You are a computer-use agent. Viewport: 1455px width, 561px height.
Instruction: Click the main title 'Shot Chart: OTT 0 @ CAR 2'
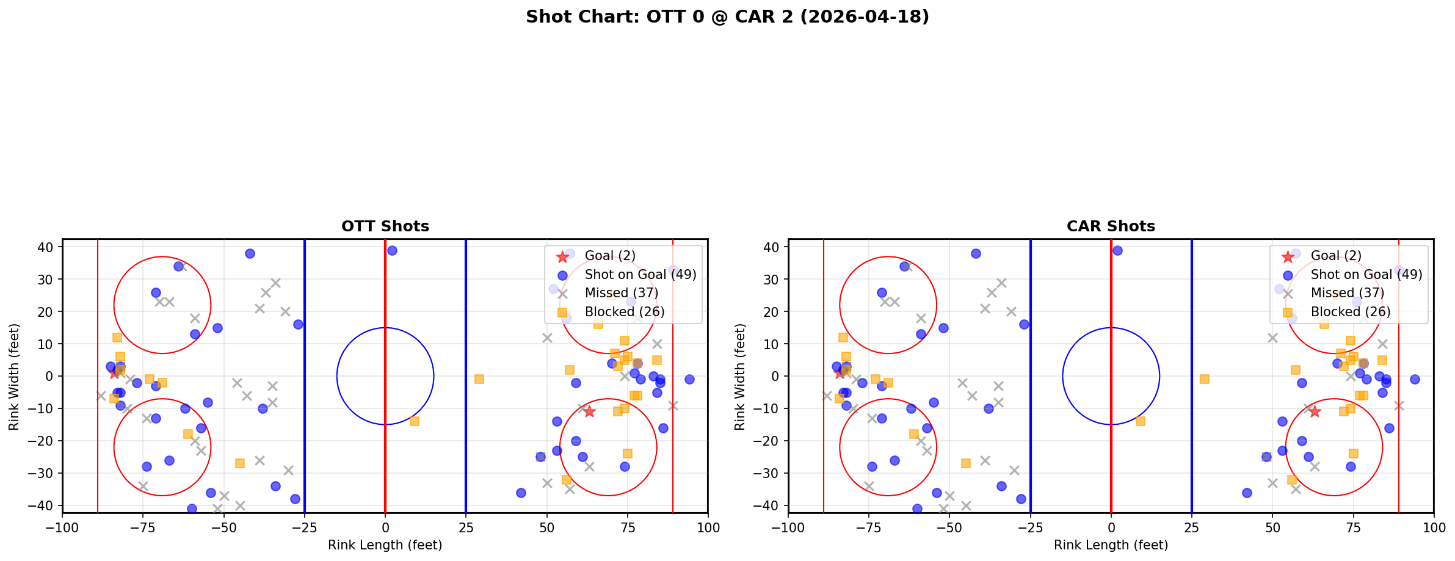727,16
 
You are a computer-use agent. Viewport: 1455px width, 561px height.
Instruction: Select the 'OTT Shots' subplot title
385,226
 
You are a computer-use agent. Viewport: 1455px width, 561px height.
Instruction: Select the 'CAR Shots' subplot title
1111,226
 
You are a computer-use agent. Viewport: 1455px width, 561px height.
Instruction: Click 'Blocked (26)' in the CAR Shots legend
1351,312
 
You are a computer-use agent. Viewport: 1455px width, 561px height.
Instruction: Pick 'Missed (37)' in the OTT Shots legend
621,293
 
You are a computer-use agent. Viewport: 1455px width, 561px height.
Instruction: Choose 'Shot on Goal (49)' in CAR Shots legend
1366,275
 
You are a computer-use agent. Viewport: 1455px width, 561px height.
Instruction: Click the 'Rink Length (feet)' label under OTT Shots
385,545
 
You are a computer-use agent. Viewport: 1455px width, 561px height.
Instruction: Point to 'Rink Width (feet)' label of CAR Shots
740,376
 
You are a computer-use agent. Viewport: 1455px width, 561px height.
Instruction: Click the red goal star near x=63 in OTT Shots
589,411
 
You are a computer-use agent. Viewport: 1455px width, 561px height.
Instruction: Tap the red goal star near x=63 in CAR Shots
1315,411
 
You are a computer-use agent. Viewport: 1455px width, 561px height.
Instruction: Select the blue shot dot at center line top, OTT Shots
392,250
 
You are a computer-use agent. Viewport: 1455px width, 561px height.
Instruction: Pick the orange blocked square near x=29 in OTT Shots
479,379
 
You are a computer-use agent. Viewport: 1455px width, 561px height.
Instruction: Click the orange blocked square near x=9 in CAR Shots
1140,421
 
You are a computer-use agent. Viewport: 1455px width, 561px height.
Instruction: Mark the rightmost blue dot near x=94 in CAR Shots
1415,379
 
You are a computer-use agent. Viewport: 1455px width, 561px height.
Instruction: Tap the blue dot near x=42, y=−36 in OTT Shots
521,493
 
